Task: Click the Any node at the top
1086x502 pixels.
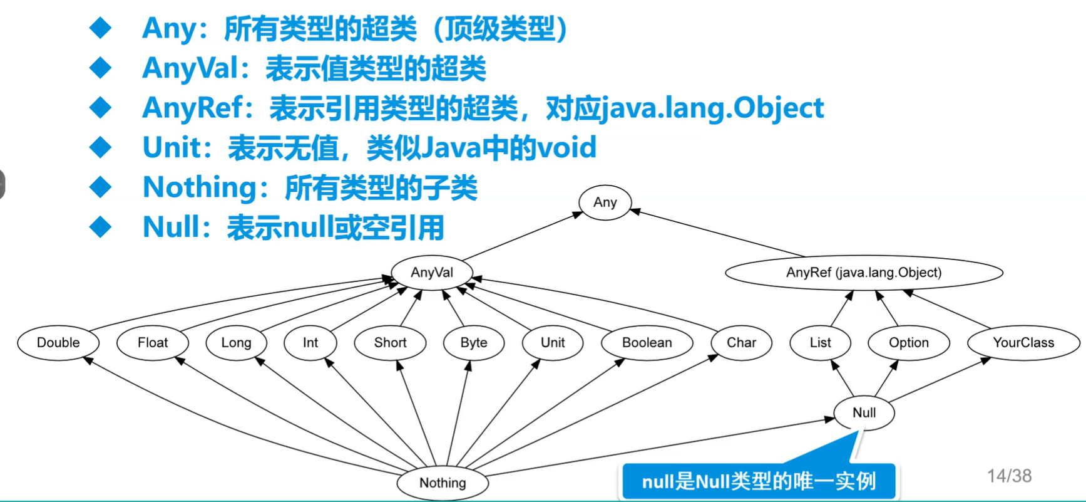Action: pos(605,202)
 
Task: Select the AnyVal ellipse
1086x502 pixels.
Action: pos(432,273)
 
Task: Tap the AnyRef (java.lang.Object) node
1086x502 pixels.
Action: pos(864,273)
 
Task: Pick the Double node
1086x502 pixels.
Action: pos(58,343)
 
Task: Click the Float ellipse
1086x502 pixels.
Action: pos(153,343)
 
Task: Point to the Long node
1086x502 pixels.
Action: pos(236,343)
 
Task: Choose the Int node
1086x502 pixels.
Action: pos(310,343)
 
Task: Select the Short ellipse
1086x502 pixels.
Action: pos(390,343)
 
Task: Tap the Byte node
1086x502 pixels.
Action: pos(474,343)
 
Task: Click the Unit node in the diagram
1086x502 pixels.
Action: pos(553,343)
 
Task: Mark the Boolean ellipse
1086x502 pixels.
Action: pos(647,343)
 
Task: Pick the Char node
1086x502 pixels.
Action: pos(741,343)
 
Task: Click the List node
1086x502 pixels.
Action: pos(820,343)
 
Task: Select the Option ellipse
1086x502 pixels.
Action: pos(909,343)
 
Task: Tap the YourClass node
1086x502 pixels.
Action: pos(1023,343)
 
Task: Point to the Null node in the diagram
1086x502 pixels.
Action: pos(864,413)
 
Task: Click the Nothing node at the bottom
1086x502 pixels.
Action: pos(443,483)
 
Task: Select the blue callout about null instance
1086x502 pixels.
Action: pos(759,481)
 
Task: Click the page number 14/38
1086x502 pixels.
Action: pos(1009,476)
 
